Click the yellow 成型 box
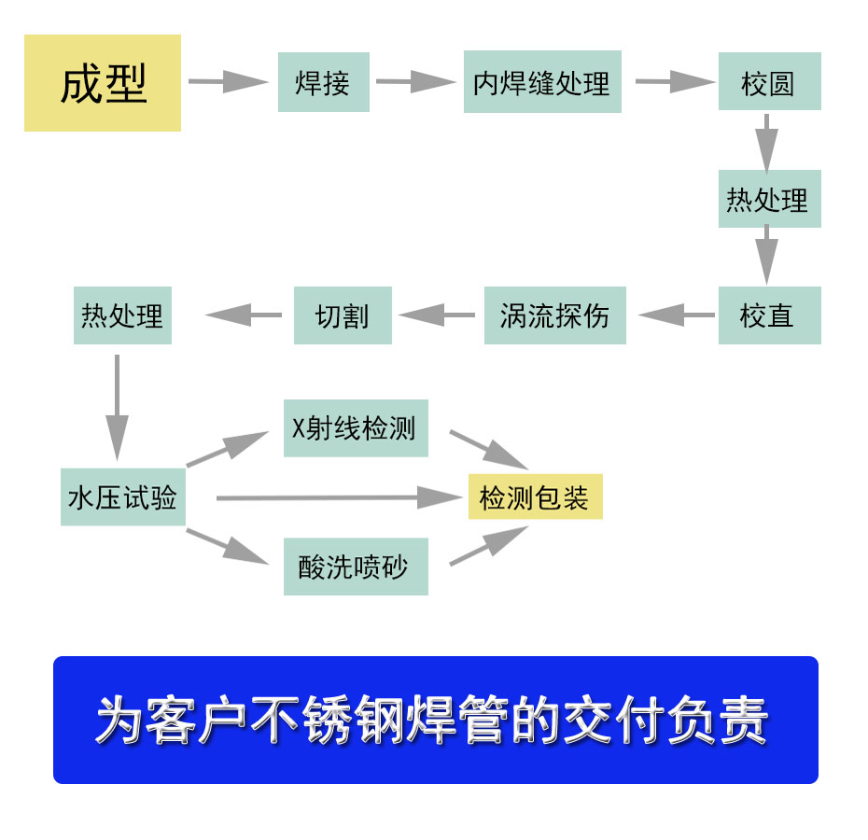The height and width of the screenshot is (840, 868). point(103,83)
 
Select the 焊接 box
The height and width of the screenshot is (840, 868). point(323,82)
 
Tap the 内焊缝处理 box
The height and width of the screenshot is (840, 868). point(541,82)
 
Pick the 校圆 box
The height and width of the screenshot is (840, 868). point(769,82)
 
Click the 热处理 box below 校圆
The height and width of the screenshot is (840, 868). point(769,199)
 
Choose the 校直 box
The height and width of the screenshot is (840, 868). point(769,315)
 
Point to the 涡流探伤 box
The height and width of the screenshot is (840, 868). point(554,315)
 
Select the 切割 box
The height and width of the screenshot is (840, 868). point(343,315)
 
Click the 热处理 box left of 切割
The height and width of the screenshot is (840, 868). point(122,315)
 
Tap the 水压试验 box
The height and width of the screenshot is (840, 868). point(122,497)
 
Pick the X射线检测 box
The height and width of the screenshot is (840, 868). point(356,428)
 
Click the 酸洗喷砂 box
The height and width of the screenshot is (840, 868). point(356,567)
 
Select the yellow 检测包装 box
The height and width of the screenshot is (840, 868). point(535,497)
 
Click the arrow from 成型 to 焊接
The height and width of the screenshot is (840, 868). point(228,81)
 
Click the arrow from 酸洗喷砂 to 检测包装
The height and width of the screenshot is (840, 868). point(488,546)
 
